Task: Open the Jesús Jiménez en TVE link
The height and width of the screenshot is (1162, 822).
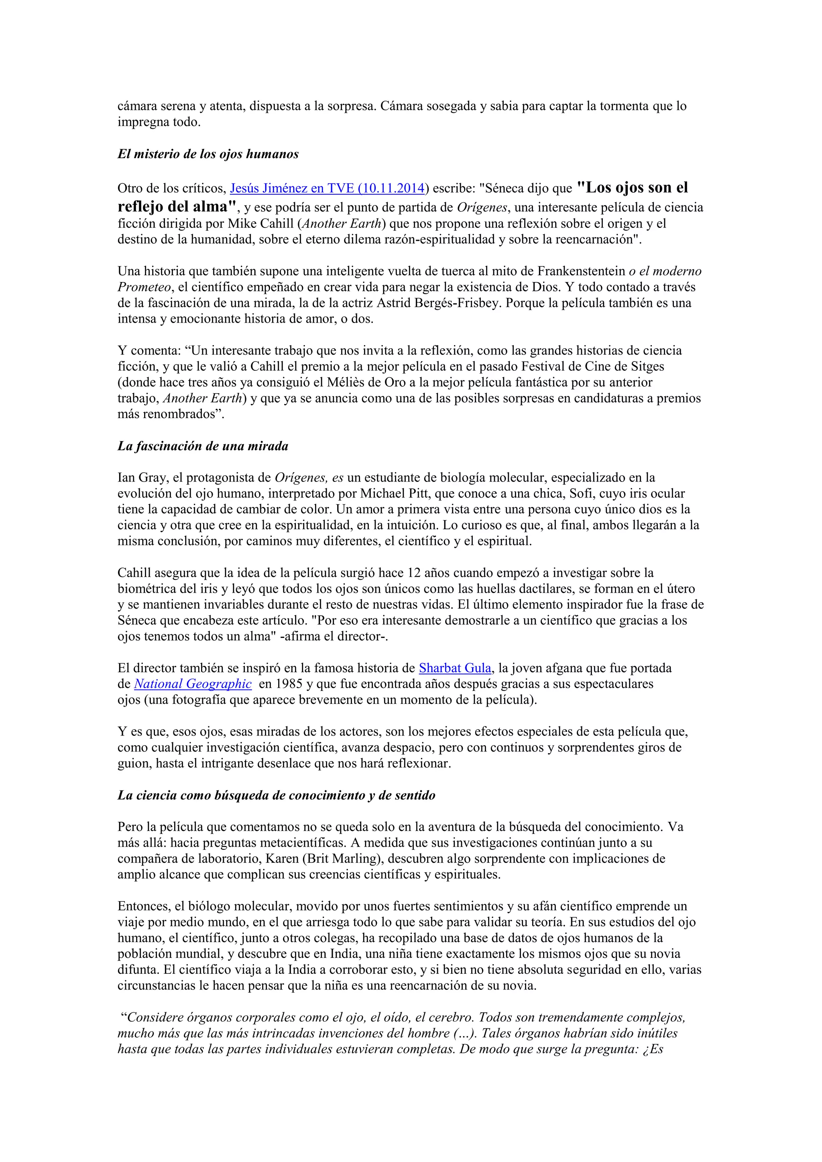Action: click(x=327, y=188)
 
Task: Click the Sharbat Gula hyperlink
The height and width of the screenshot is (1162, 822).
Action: click(x=454, y=668)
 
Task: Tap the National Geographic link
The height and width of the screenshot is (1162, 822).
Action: click(x=192, y=684)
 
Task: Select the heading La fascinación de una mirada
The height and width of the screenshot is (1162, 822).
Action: click(x=203, y=446)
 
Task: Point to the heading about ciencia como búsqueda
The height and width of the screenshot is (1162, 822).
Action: click(x=277, y=795)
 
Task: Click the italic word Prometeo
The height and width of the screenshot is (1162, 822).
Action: click(x=144, y=287)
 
